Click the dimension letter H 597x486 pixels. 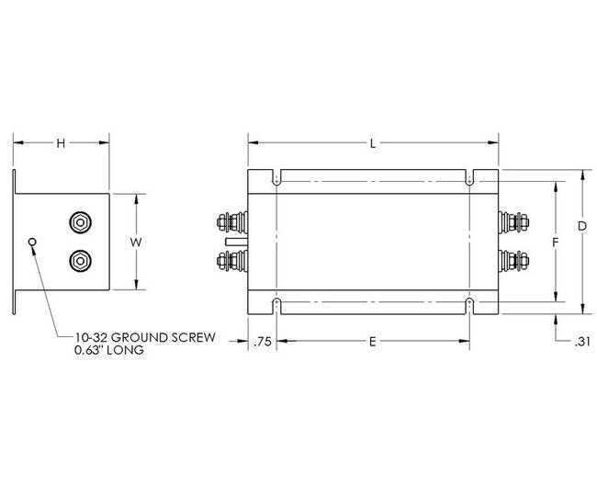tap(61, 142)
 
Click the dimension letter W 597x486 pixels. tap(135, 242)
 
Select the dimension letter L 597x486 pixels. tap(372, 143)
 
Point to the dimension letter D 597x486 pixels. tap(582, 225)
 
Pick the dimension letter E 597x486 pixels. tap(372, 342)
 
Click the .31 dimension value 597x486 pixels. tap(580, 342)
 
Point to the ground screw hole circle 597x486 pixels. tap(34, 243)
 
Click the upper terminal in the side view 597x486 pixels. tap(81, 222)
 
